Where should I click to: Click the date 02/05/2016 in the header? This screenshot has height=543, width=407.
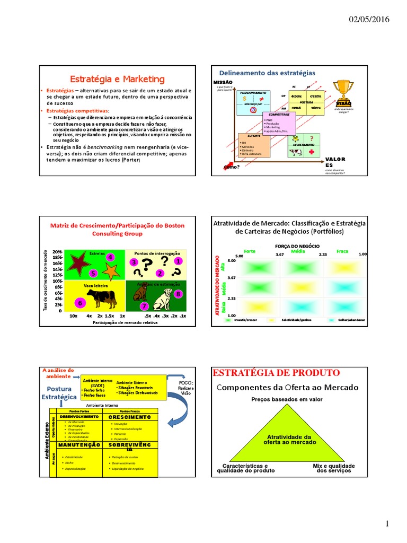369,20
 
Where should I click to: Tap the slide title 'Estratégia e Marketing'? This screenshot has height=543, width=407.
118,79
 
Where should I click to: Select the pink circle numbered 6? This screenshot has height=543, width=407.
80,303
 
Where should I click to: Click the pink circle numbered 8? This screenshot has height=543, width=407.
178,294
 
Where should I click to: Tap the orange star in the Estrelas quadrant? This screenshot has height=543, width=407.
111,271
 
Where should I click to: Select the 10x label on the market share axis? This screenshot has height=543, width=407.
73,316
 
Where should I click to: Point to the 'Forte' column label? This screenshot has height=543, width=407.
249,251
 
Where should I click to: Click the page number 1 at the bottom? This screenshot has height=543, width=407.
387,524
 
